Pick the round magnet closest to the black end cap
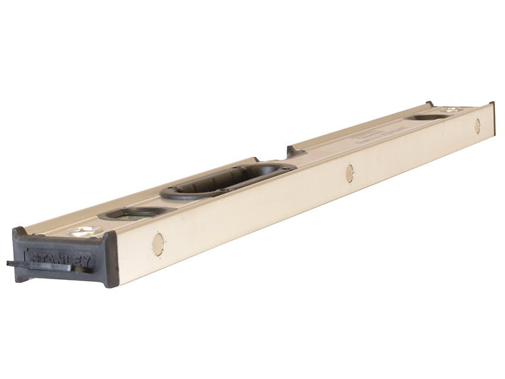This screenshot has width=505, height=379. (158, 244)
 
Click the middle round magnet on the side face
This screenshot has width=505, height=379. (349, 173)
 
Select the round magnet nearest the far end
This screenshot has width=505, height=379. (477, 126)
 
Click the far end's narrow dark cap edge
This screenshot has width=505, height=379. (492, 117)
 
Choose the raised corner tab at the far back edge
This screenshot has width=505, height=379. (429, 103)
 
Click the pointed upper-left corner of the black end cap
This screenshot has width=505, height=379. (17, 230)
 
